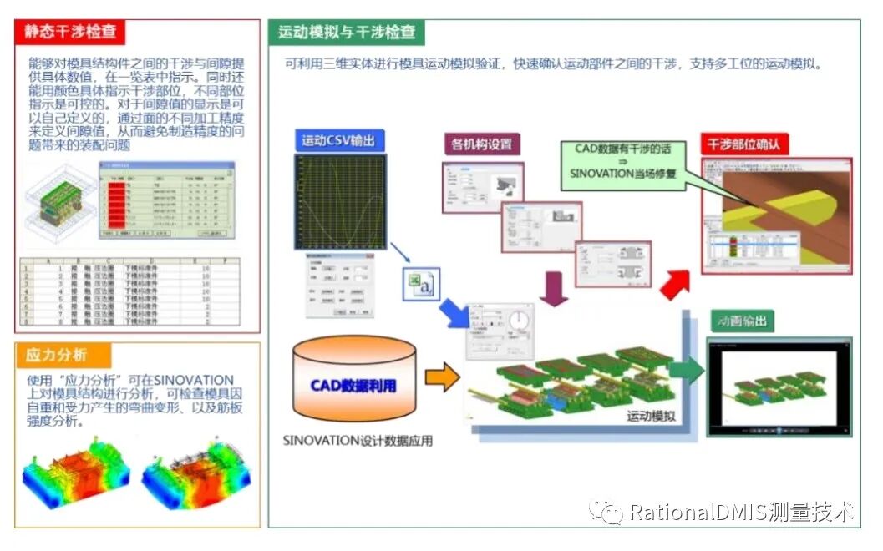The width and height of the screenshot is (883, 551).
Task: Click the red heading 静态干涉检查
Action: (70, 33)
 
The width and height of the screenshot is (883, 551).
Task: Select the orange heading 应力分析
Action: (56, 355)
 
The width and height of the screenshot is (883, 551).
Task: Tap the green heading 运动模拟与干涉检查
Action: (347, 33)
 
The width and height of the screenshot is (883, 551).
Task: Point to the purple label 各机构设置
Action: (480, 143)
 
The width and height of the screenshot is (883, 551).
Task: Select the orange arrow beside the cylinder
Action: (442, 377)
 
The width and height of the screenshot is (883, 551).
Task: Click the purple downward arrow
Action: (553, 289)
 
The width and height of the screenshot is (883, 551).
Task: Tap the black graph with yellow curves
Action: (339, 201)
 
